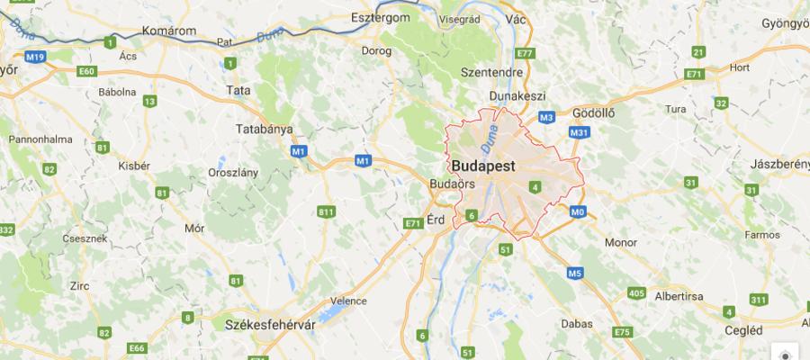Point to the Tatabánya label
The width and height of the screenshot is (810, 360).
point(264,129)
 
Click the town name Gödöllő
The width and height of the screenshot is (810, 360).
point(593,113)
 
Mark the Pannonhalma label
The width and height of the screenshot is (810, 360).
point(40,139)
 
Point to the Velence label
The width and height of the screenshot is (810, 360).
point(350,301)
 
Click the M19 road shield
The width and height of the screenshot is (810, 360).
point(35,58)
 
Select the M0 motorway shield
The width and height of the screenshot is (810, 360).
point(577,212)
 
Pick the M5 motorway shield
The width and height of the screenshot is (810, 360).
point(574,273)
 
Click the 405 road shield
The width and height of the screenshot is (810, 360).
point(637,293)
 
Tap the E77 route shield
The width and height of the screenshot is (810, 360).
point(526,54)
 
